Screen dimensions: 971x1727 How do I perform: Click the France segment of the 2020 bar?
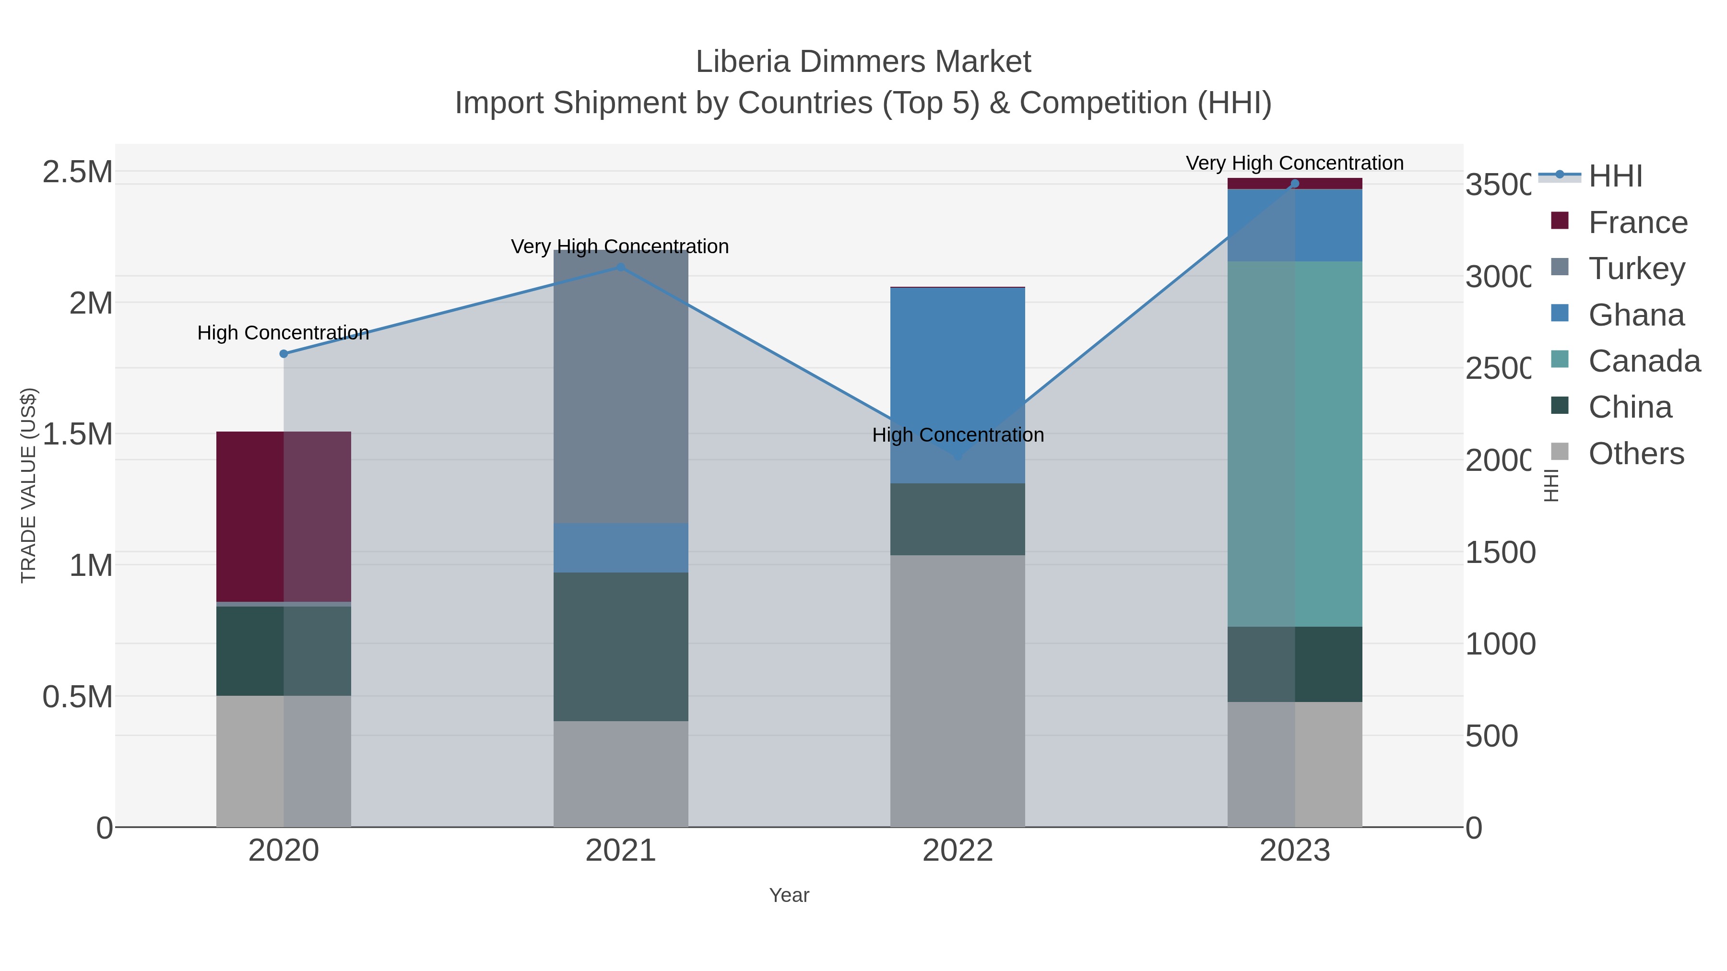284,516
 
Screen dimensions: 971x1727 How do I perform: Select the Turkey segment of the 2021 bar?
621,387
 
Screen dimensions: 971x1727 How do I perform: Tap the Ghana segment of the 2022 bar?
958,386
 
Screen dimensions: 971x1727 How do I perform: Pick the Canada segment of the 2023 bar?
1295,444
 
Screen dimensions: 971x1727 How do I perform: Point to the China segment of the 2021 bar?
621,647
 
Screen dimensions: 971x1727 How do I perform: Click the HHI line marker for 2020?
284,354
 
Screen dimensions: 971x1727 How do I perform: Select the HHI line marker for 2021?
621,268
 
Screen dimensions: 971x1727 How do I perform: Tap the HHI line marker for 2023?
1295,184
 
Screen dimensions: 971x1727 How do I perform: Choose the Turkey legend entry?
1636,269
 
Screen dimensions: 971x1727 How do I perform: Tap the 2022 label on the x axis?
958,851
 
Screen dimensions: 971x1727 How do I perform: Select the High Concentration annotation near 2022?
958,435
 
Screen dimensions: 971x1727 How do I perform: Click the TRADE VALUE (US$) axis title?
28,485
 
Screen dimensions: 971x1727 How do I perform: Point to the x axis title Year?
789,895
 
